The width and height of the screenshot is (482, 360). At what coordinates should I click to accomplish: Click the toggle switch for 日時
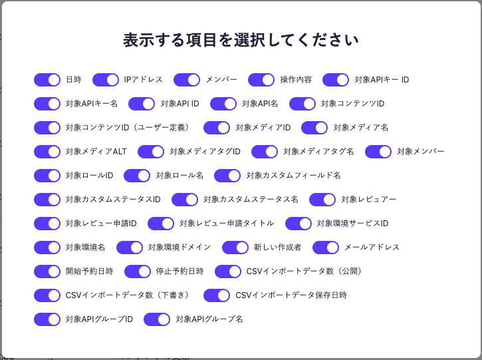coord(47,80)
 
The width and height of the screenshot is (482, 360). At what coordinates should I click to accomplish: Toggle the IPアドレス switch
coord(106,80)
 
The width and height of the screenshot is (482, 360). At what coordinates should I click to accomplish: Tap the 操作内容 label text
coord(296,80)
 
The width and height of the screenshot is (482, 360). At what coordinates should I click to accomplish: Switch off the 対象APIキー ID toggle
coord(336,80)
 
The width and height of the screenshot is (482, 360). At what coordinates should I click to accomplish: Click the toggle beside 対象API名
coord(223,104)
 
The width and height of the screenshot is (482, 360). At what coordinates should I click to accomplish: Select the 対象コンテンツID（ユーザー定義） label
coord(128,128)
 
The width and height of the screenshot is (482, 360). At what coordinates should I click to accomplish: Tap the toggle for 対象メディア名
coord(314,128)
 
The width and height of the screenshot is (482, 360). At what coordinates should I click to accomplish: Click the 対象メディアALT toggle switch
coord(47,152)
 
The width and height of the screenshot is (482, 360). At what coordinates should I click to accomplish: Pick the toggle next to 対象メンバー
coord(378,152)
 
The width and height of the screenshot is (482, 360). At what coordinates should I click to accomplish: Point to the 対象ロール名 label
coord(180,176)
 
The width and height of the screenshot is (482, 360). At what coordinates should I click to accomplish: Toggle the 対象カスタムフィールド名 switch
coord(227,176)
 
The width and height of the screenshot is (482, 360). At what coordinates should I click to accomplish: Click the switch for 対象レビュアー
coord(322,200)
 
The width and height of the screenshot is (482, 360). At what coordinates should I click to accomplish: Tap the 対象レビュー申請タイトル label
coord(227,224)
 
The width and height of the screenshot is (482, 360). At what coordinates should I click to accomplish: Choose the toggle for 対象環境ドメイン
coord(130,248)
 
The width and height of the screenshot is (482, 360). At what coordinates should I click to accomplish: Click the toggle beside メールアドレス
coord(326,248)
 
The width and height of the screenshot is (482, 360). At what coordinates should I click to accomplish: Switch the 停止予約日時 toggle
coord(138,271)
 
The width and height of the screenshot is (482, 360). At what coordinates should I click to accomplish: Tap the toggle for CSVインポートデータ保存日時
coord(217,295)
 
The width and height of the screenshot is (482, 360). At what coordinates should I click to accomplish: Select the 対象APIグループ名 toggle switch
coord(157,319)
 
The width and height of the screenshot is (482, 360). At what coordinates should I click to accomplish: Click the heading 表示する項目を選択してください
coord(241,40)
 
